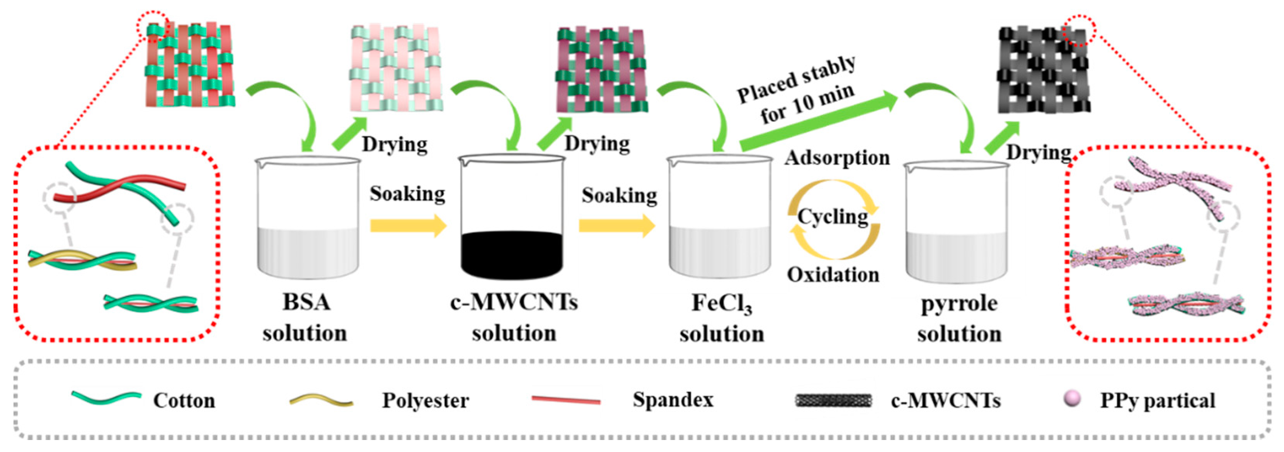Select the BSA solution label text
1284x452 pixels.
pyautogui.click(x=305, y=317)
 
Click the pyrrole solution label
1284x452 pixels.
pyautogui.click(x=959, y=318)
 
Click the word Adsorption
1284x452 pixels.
pyautogui.click(x=837, y=158)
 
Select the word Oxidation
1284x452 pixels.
pyautogui.click(x=833, y=275)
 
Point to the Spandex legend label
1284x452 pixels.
pyautogui.click(x=673, y=400)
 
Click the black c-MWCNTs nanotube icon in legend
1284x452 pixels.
pyautogui.click(x=833, y=400)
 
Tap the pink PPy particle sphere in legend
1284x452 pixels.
pyautogui.click(x=1072, y=399)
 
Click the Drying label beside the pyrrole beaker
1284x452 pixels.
pyautogui.click(x=1038, y=152)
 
